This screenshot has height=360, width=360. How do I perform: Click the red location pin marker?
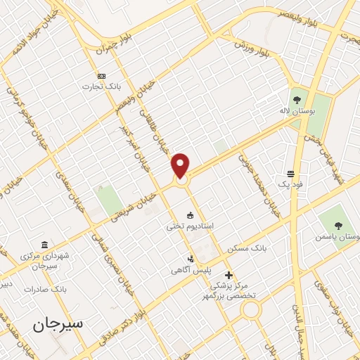coord(181,166)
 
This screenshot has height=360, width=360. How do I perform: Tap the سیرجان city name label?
coord(58,323)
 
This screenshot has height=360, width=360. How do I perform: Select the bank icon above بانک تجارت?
coord(102,75)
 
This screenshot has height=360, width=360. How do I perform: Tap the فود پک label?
coord(290,184)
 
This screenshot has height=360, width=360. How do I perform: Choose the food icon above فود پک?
coord(290,173)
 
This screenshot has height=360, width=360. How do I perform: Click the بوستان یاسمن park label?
coord(339,238)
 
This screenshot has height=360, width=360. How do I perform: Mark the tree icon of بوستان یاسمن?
coord(338,226)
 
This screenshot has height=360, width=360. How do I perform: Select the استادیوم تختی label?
coord(194,226)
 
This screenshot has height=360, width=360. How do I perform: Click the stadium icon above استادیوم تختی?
coord(190,214)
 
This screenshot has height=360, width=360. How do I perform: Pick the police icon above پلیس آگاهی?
coord(190,259)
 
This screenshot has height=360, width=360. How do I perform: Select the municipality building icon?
coord(45,245)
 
